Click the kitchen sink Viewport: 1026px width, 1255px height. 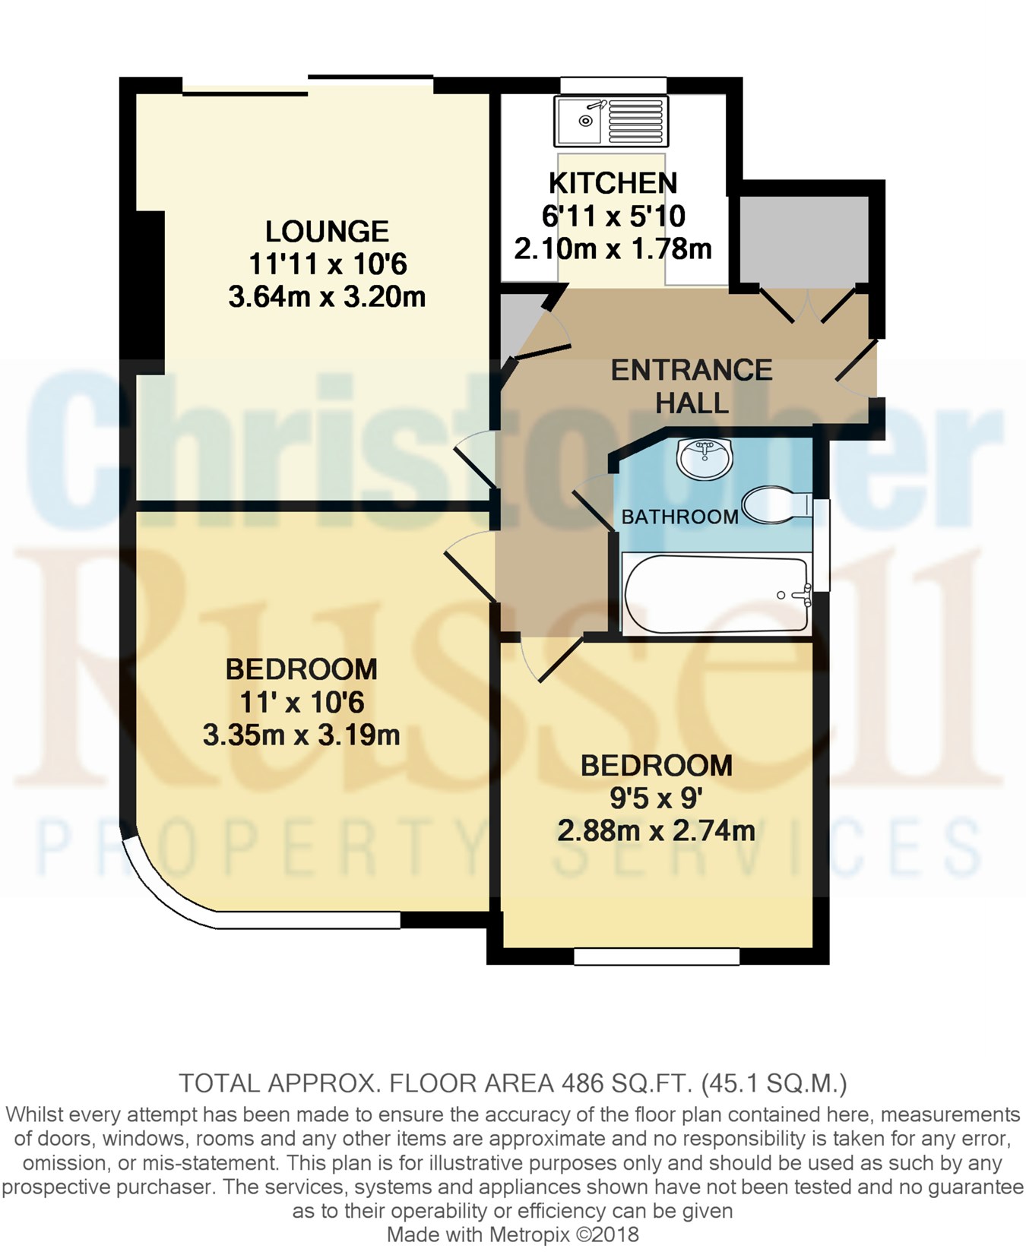pyautogui.click(x=612, y=121)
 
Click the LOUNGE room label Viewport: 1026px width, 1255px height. pyautogui.click(x=327, y=231)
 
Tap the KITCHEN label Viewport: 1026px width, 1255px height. pyautogui.click(x=613, y=183)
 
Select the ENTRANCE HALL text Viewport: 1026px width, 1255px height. pyautogui.click(x=692, y=386)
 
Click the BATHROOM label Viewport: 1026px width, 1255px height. pyautogui.click(x=680, y=517)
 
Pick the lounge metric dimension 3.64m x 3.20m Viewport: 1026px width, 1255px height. pyautogui.click(x=327, y=296)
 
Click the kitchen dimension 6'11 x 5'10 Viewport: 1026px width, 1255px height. pyautogui.click(x=613, y=216)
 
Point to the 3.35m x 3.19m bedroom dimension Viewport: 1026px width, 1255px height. pyautogui.click(x=301, y=735)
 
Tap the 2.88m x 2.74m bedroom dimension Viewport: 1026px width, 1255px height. pyautogui.click(x=656, y=830)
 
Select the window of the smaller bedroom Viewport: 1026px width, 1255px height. pyautogui.click(x=657, y=956)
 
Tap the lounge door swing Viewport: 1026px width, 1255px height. pyautogui.click(x=476, y=461)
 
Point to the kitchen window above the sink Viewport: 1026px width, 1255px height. pyautogui.click(x=613, y=85)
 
